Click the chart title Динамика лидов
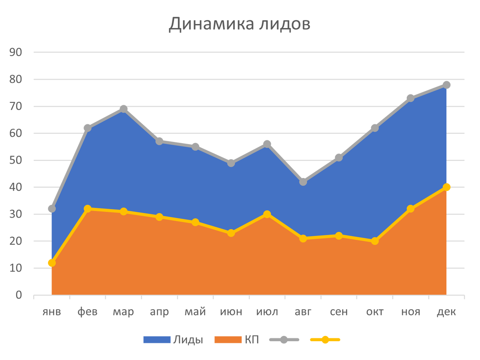coord(239,24)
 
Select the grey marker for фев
coord(87,128)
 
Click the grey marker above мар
coord(123,108)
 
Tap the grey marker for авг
coord(303,182)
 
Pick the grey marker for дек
coord(447,85)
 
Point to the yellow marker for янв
coord(51,263)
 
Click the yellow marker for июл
coord(267,214)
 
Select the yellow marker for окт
coord(375,241)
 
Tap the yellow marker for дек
coord(447,187)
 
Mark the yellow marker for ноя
coord(410,209)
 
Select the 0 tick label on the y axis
coord(19,295)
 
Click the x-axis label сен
coord(339,312)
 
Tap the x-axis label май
coord(195,312)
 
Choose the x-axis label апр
coord(159,312)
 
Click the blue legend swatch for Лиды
coord(157,340)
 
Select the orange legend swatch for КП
coord(228,340)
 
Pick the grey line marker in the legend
coord(284,340)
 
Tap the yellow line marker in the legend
coord(325,340)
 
